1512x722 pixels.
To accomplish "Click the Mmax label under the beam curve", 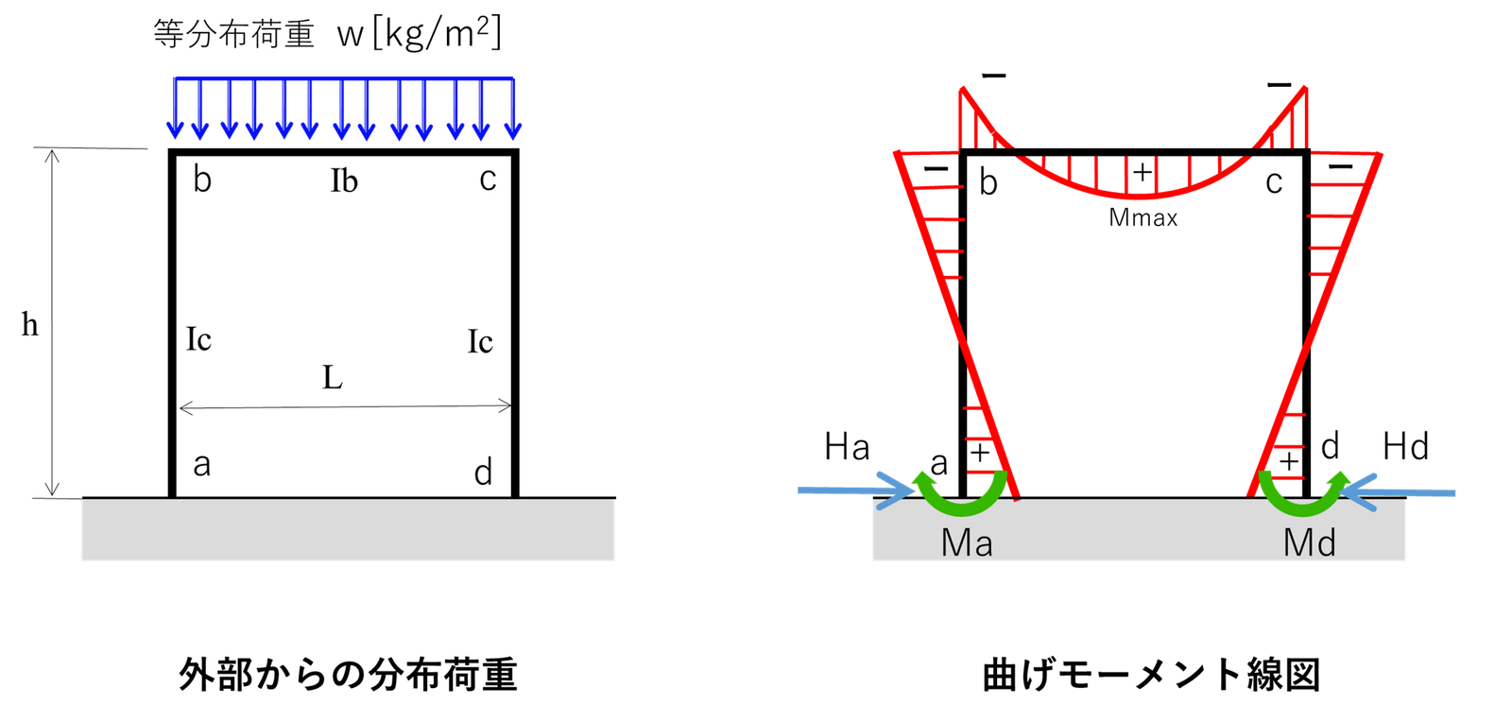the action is coord(1143,217).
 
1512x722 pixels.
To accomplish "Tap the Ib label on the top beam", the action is coord(344,180).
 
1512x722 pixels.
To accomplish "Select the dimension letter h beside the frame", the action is coord(29,324).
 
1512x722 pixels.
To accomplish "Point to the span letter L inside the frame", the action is coord(332,377).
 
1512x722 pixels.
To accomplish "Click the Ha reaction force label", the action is coord(847,447).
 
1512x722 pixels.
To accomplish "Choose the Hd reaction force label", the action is coord(1405,447).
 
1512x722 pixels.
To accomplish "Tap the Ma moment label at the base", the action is coord(967,542).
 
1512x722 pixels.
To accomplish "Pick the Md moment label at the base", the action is coord(1309,542).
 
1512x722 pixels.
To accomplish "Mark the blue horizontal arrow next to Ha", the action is coord(856,490).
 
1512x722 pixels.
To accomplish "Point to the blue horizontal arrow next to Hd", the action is coord(1398,493).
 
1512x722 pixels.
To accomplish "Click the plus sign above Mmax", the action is coord(1143,173).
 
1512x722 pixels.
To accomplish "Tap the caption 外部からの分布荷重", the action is coord(349,674).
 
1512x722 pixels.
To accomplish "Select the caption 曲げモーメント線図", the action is coord(1151,674).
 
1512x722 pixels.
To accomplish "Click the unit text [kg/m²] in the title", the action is coord(437,33).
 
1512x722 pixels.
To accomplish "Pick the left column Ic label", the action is coord(198,339).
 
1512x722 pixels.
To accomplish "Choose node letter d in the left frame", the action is coord(483,472).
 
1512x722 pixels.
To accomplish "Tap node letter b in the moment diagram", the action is coord(988,182).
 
